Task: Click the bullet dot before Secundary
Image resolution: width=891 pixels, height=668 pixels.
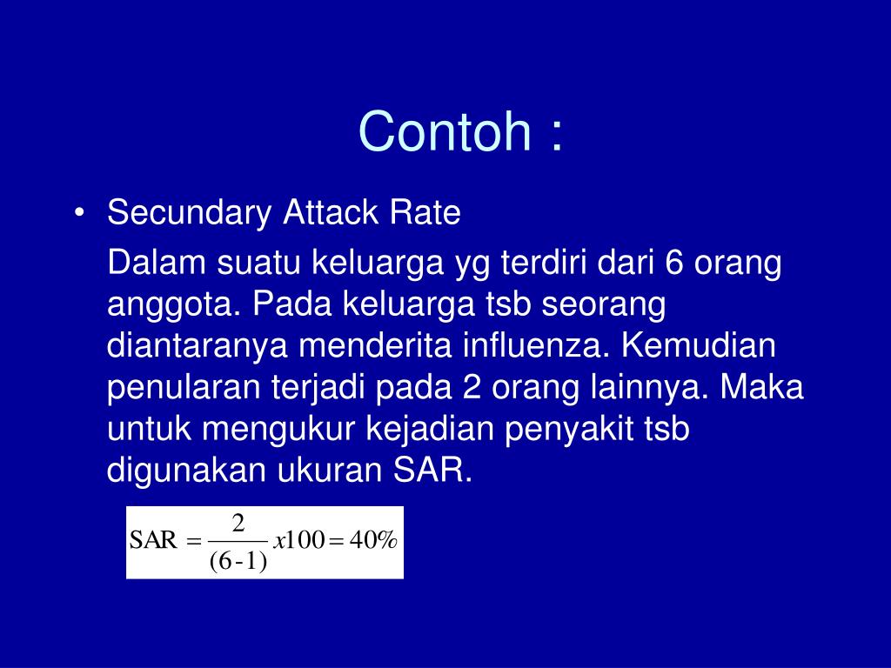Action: (x=80, y=214)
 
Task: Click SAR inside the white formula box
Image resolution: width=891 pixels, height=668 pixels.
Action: (x=152, y=541)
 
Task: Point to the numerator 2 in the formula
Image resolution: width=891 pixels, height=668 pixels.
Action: (x=238, y=524)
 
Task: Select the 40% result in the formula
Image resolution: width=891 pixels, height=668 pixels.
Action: (x=373, y=541)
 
